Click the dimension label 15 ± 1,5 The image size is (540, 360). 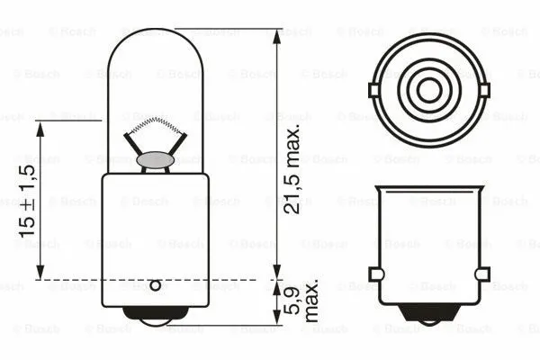[26, 201]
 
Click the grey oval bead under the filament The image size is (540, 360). [155, 160]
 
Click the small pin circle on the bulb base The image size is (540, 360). [155, 286]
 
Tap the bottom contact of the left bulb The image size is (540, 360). [155, 316]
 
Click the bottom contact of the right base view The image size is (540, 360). [429, 316]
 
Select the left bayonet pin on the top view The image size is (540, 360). [373, 89]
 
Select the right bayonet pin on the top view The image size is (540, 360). [486, 89]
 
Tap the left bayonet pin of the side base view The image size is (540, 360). [376, 274]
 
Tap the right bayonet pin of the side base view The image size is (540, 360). [482, 274]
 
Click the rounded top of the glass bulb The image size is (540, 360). [155, 36]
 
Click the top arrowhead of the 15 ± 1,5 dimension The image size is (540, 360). [40, 128]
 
